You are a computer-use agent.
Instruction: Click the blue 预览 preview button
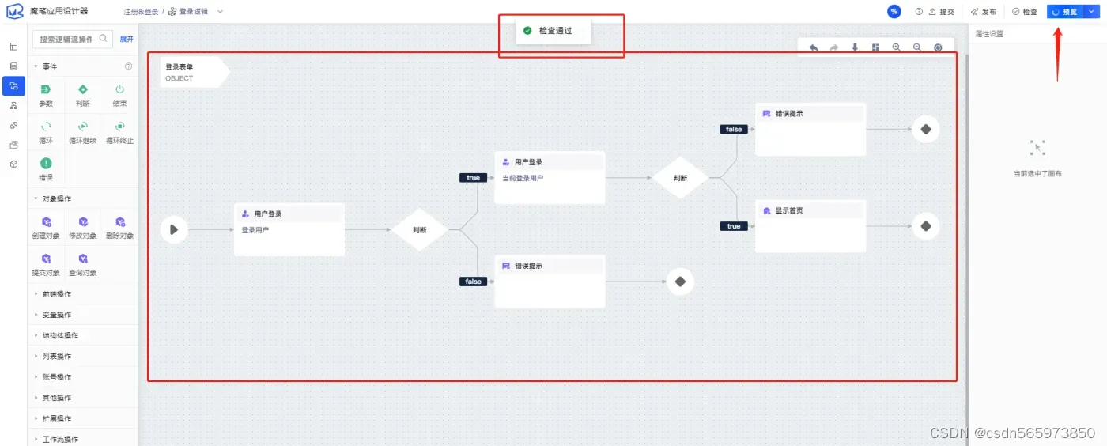pyautogui.click(x=1064, y=12)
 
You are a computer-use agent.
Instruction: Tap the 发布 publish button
pyautogui.click(x=984, y=12)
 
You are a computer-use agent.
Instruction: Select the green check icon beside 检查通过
pyautogui.click(x=527, y=31)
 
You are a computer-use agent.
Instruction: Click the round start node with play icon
pyautogui.click(x=173, y=230)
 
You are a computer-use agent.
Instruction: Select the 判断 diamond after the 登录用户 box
pyautogui.click(x=420, y=230)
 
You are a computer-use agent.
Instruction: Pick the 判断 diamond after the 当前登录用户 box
pyautogui.click(x=680, y=178)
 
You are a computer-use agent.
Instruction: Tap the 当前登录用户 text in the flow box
pyautogui.click(x=523, y=178)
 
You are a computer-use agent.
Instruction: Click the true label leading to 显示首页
pyautogui.click(x=734, y=226)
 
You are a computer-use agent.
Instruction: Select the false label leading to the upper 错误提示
pyautogui.click(x=734, y=129)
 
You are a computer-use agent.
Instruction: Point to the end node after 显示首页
pyautogui.click(x=925, y=226)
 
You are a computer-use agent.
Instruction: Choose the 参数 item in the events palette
pyautogui.click(x=46, y=95)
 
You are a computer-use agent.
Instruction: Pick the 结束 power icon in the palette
pyautogui.click(x=119, y=90)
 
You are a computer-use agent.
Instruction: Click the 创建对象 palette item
pyautogui.click(x=46, y=227)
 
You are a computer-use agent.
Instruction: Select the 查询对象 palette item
pyautogui.click(x=83, y=263)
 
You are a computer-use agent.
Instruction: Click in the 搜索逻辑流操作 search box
pyautogui.click(x=66, y=39)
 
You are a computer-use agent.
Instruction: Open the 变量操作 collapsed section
pyautogui.click(x=56, y=315)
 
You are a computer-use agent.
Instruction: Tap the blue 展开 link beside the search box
pyautogui.click(x=127, y=39)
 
